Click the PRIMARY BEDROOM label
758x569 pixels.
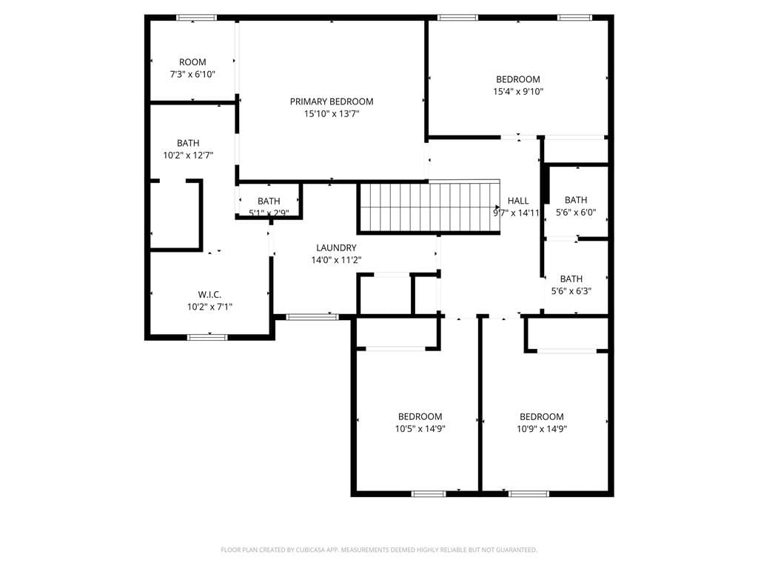pos(332,102)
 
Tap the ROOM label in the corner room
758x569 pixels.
pos(192,62)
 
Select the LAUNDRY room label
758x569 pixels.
pos(336,247)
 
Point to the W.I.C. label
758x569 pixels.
pos(209,294)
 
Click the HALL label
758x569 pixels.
pos(518,201)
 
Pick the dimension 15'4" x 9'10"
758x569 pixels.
pos(518,91)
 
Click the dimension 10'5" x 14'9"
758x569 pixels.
pos(420,429)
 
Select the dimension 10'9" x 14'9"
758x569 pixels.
pos(542,429)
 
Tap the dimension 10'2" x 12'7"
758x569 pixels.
pos(188,156)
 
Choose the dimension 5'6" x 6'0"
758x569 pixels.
pos(576,212)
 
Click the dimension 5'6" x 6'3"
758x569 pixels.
pos(571,290)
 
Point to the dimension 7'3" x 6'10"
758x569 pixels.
pos(192,74)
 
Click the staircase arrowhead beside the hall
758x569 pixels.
pos(498,207)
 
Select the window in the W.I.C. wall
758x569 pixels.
pos(207,337)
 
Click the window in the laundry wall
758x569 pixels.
pos(312,317)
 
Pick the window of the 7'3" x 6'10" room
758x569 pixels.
pos(196,18)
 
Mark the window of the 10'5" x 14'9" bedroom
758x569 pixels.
pos(429,494)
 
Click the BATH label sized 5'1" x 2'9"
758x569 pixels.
pos(269,201)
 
